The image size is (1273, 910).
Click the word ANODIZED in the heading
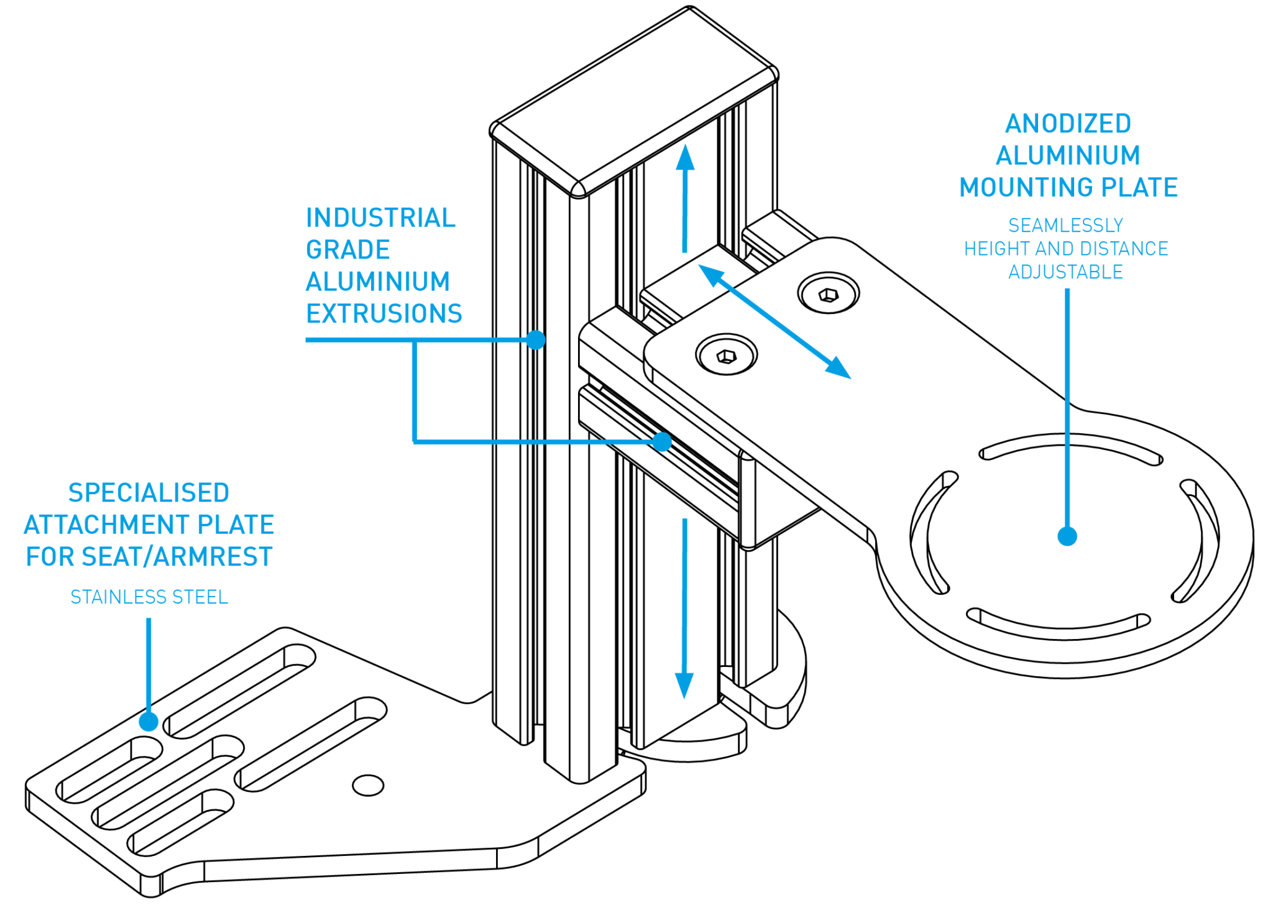point(1068,124)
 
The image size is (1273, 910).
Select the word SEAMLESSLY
point(1065,225)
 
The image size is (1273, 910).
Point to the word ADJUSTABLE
point(1065,272)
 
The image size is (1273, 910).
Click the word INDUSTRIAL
point(380,218)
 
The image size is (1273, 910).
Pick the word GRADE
point(347,250)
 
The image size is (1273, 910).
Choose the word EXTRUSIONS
point(384,314)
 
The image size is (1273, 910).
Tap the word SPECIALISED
point(149,493)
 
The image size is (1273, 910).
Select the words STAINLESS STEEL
point(149,597)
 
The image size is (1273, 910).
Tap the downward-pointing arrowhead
point(684,687)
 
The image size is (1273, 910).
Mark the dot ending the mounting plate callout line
point(1067,536)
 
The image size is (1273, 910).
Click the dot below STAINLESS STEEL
point(149,722)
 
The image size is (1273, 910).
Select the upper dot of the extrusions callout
point(535,340)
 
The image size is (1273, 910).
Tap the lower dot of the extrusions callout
point(662,442)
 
